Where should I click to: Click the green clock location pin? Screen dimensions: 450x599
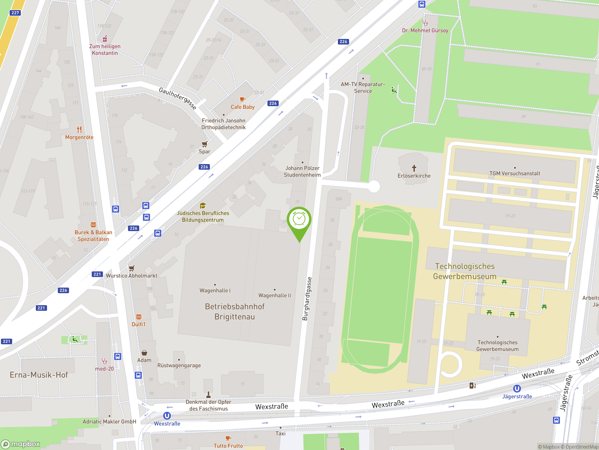(299, 220)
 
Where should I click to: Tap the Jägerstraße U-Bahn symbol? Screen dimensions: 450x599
(517, 389)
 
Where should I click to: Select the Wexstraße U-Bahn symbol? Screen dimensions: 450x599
(167, 416)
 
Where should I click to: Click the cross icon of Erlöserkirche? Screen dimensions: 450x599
(414, 168)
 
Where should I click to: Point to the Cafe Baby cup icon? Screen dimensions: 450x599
(242, 99)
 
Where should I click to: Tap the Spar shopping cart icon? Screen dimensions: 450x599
(205, 144)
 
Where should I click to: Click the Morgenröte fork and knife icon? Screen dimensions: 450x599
(79, 129)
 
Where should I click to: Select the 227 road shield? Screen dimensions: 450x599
(15, 13)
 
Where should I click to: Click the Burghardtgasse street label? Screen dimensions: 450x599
(307, 299)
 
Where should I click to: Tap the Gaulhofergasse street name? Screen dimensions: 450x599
(177, 98)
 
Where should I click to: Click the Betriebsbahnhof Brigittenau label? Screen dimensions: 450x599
(234, 311)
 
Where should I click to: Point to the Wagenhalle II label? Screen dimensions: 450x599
(275, 295)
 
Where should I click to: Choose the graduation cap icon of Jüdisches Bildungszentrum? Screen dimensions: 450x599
(203, 205)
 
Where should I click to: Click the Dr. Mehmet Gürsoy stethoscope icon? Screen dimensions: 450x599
(425, 23)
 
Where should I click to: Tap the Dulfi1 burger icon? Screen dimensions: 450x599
(139, 317)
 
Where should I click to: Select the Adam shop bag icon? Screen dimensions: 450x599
(144, 353)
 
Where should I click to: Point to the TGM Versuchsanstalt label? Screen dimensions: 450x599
(515, 173)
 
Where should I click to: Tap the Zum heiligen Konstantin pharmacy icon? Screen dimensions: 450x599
(105, 38)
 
